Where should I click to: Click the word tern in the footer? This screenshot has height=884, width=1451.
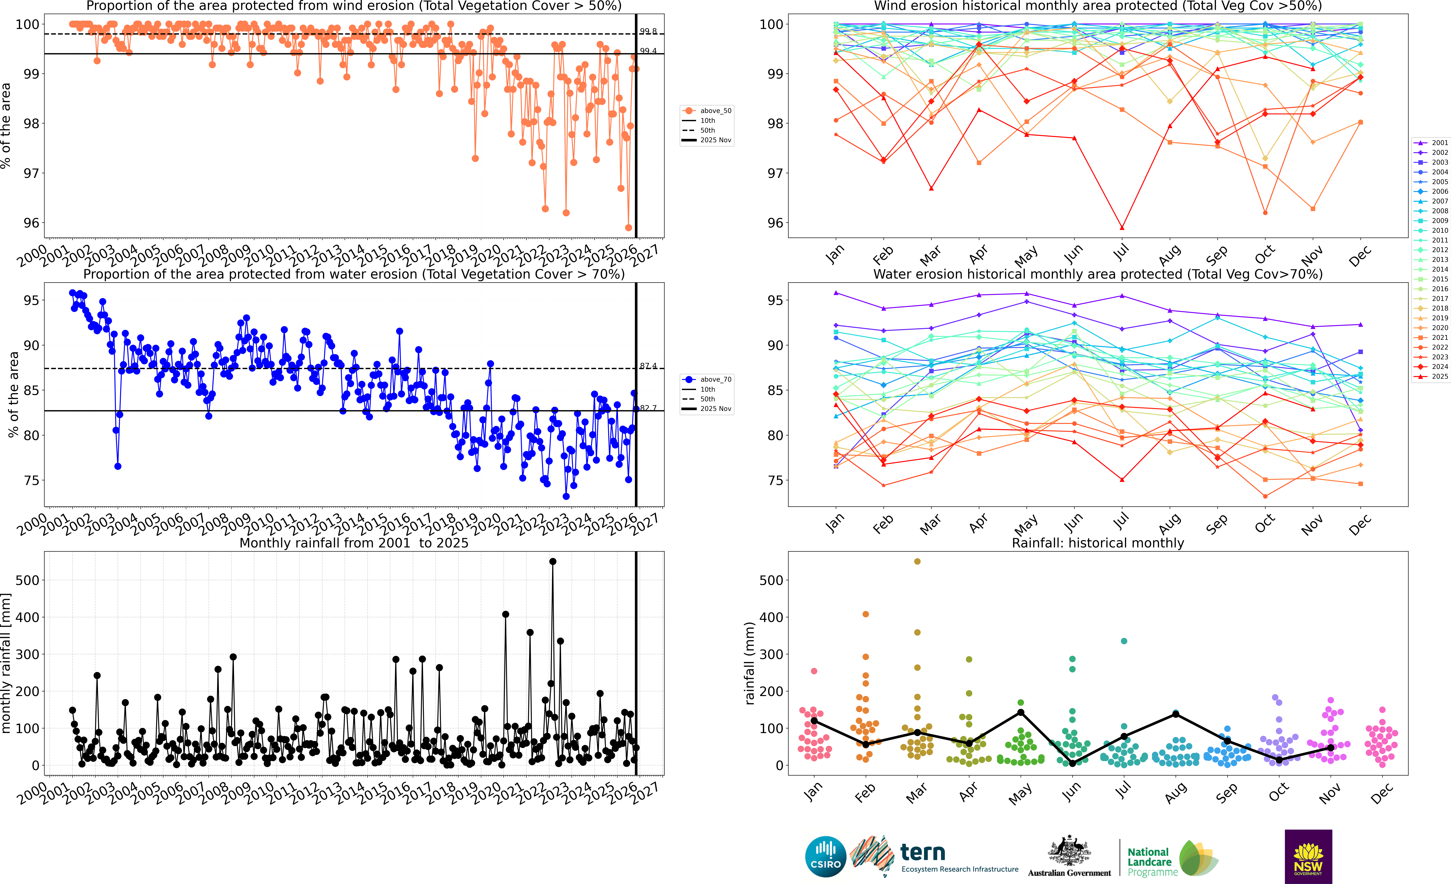pos(923,852)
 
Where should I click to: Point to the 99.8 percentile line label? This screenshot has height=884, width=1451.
pos(648,31)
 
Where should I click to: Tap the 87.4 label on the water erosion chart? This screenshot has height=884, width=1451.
pos(648,366)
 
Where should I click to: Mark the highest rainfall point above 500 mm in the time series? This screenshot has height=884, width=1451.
pos(552,562)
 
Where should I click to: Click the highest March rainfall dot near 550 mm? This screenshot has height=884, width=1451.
pos(917,562)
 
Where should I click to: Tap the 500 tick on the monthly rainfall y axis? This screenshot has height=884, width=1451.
pos(28,580)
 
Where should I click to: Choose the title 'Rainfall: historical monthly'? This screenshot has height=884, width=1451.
pos(1098,543)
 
